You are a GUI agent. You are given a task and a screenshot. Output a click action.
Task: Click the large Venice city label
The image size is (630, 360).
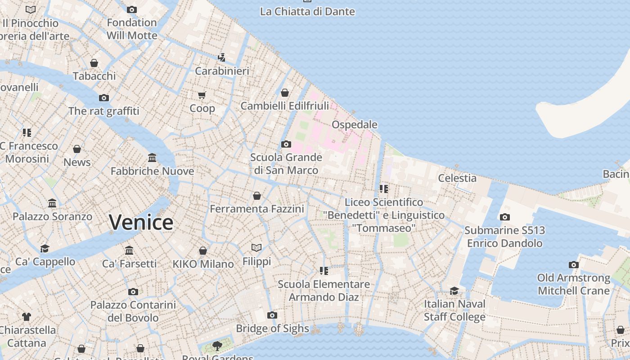coord(141,222)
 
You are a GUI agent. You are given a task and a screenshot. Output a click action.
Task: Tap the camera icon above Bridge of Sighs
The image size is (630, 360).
coord(272,315)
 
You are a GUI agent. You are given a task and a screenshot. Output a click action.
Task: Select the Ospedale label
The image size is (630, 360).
coord(355,124)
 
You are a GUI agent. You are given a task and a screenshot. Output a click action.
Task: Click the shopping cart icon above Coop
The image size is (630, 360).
coord(202,95)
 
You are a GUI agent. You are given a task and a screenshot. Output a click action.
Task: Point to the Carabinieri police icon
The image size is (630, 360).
coord(221,58)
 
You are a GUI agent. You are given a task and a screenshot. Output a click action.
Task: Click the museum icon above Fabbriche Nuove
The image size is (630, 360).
coord(152,158)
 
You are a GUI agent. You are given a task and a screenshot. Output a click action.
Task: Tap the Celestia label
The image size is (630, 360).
coord(457,178)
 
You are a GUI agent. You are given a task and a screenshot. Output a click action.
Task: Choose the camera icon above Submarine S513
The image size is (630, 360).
coord(504,217)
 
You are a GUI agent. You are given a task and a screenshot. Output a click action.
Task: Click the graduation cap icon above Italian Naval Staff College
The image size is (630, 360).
coord(454,291)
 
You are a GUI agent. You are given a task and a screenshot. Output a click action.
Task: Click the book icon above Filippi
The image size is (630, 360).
coord(256,247)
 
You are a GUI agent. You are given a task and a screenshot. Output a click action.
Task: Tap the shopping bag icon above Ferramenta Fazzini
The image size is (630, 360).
coord(256,196)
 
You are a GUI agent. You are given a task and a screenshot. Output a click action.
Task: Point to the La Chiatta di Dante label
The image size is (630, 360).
coord(307,12)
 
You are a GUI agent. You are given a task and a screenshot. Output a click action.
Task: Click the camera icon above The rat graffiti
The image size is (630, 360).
coord(104,98)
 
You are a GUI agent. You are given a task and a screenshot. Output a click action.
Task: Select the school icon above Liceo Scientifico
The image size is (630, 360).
coord(383,189)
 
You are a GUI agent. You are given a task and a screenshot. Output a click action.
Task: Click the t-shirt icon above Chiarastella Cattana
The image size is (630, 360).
coord(27,317)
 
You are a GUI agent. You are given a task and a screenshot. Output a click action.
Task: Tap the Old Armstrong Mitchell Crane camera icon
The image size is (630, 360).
coord(573,265)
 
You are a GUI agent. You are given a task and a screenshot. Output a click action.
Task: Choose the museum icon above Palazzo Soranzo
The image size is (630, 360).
coord(52,203)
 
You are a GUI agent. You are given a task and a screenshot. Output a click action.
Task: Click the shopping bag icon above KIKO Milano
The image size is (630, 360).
coord(203,251)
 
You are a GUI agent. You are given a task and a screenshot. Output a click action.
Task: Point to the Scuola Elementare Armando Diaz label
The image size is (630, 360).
coord(324,291)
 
